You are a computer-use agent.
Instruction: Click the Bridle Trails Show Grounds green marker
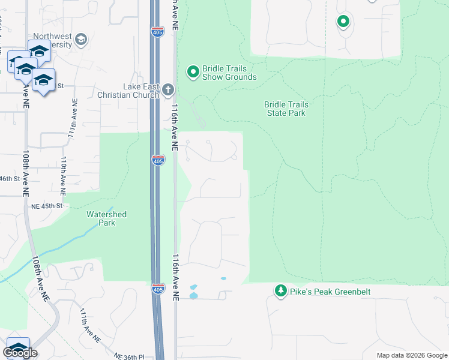pos(193,73)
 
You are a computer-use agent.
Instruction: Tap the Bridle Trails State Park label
pos(285,109)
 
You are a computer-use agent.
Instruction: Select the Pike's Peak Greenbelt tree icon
pos(280,292)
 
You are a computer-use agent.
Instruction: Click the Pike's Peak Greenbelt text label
pos(331,292)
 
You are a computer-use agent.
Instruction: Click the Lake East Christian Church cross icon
pos(168,90)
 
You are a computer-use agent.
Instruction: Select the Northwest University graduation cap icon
pos(81,40)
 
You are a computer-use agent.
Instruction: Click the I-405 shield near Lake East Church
pos(157,160)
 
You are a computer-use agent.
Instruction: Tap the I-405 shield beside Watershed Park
pos(157,289)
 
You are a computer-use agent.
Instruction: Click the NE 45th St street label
pos(46,206)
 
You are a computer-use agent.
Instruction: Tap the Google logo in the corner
pos(20,353)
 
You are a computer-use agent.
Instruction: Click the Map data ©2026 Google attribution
pos(411,355)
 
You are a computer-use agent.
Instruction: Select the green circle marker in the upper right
pos(343,23)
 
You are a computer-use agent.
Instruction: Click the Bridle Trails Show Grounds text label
pos(229,73)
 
